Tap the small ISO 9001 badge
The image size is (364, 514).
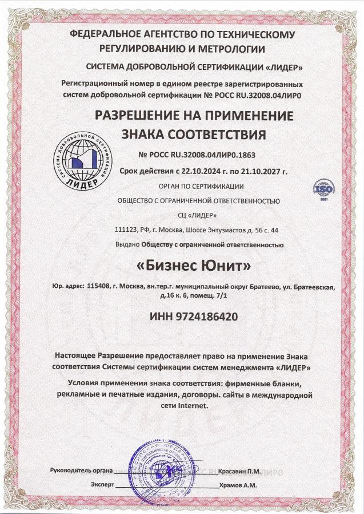pyautogui.click(x=321, y=189)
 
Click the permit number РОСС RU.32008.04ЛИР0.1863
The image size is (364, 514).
pyautogui.click(x=194, y=155)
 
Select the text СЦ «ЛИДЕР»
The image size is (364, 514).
pyautogui.click(x=198, y=215)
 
